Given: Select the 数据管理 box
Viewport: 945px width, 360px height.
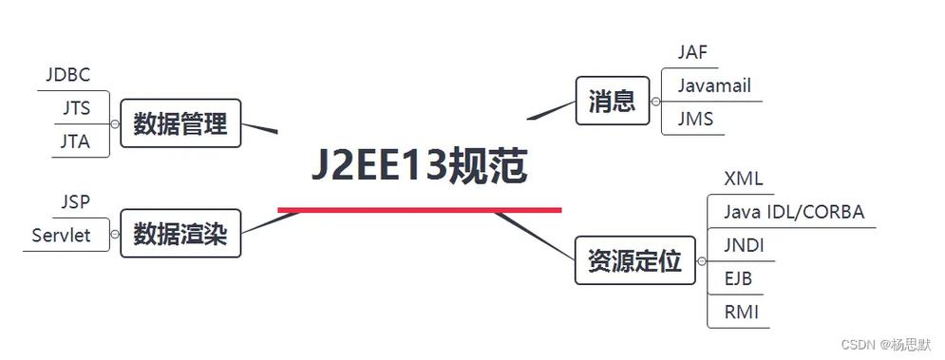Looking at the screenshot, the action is point(180,123).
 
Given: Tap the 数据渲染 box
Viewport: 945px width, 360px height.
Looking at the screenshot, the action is point(180,234).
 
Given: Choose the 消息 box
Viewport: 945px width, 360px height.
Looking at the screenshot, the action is point(612,100).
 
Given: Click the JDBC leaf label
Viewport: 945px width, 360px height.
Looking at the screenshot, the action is point(67,74).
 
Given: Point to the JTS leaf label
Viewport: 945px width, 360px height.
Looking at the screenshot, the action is point(76,107).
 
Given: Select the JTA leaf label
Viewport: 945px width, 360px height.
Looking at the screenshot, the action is point(76,141).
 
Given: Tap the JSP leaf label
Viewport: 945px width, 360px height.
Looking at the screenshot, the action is point(76,201).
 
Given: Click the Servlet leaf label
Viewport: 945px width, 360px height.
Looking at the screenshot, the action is point(61,235).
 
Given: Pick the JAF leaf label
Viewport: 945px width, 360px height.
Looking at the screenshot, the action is point(693,52).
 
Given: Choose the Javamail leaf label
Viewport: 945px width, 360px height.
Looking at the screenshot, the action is point(714,85).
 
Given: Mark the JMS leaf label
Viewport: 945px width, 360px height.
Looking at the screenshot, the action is point(695,119).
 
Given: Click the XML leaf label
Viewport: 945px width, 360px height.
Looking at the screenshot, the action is point(743,179).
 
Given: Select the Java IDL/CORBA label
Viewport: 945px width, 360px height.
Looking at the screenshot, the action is point(794,211).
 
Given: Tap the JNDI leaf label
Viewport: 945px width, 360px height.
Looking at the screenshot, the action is point(745,244).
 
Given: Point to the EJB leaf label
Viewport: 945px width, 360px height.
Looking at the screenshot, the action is point(739,278).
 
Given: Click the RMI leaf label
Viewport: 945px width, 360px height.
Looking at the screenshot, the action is point(741,312).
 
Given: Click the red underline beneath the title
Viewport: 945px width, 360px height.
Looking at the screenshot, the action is point(419,209).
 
